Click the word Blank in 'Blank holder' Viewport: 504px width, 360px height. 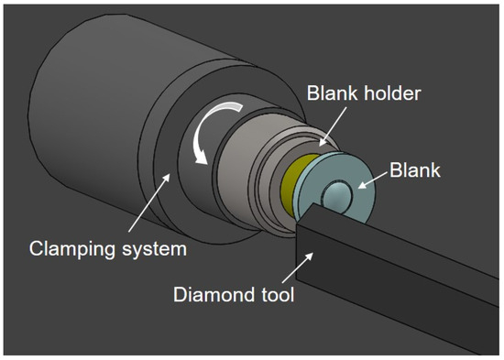click(332, 93)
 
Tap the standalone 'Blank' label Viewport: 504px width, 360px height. click(414, 170)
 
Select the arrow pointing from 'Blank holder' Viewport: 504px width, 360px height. click(333, 126)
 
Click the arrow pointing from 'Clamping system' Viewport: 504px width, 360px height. click(149, 202)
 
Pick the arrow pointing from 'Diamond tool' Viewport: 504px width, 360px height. click(298, 267)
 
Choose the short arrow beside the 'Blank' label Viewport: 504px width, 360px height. click(373, 180)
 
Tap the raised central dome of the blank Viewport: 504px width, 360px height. click(337, 195)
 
